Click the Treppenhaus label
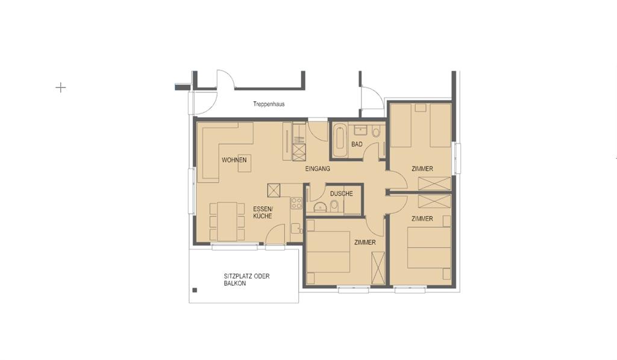click(x=269, y=104)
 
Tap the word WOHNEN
click(x=234, y=160)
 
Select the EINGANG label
click(x=318, y=169)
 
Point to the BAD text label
click(x=357, y=145)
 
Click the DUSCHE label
click(x=342, y=194)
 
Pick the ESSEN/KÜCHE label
click(x=263, y=212)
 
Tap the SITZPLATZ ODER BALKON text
click(x=246, y=280)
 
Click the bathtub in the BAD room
click(x=339, y=139)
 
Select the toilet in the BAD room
click(x=376, y=132)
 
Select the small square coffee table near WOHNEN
click(x=245, y=163)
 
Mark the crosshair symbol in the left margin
click(x=60, y=87)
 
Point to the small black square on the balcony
click(x=194, y=291)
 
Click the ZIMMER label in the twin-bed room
click(x=422, y=169)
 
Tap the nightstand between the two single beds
click(x=420, y=108)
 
